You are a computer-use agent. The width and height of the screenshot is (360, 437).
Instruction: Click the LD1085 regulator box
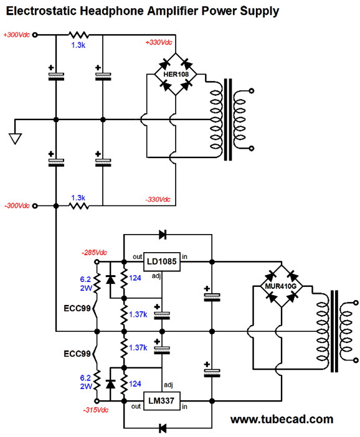[162, 261]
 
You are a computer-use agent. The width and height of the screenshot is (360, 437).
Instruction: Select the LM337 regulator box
[162, 401]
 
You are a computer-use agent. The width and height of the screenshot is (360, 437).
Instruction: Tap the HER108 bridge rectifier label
[176, 75]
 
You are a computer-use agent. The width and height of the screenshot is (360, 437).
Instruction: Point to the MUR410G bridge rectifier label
[280, 286]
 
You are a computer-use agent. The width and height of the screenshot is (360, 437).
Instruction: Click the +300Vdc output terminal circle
[35, 35]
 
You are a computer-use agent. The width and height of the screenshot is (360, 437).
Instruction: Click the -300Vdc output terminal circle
[35, 206]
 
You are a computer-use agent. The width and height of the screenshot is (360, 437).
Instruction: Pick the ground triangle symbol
[15, 139]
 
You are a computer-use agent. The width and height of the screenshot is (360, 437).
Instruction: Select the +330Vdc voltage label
[159, 42]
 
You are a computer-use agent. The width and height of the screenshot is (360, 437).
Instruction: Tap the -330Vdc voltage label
[158, 200]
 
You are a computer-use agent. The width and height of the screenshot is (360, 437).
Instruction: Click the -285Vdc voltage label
[94, 253]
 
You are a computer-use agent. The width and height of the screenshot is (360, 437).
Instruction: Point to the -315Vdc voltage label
[95, 410]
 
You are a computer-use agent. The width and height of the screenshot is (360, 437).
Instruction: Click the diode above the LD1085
[163, 235]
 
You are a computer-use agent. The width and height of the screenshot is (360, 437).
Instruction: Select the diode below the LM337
[163, 428]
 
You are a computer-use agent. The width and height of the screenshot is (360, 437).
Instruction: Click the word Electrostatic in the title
[41, 11]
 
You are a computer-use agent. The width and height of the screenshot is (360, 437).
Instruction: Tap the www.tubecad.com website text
[282, 419]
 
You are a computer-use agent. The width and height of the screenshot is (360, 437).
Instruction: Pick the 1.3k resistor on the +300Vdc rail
[79, 35]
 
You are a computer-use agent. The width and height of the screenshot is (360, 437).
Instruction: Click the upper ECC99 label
[77, 308]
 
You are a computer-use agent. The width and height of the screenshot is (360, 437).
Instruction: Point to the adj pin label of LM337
[168, 385]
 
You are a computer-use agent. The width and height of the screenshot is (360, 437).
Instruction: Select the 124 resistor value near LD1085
[135, 278]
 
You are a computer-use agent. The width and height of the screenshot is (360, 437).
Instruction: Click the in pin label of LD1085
[184, 256]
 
